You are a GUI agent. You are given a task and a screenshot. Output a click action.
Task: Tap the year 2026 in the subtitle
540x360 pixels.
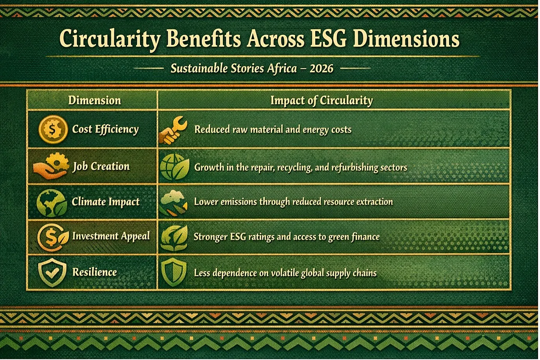(x=322, y=69)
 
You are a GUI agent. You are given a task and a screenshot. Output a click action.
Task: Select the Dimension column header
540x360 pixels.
(x=94, y=100)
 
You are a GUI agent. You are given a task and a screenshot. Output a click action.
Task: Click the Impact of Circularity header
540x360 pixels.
(x=322, y=101)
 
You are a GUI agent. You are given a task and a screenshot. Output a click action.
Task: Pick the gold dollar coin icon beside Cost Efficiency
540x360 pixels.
(x=53, y=129)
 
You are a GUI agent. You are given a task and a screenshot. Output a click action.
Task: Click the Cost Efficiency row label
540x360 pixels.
(x=105, y=130)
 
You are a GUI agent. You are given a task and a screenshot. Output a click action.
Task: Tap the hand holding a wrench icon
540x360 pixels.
(x=173, y=130)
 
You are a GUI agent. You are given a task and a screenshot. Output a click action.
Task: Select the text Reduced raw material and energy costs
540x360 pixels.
(x=273, y=130)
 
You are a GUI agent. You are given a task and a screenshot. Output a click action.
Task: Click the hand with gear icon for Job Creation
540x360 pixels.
(x=51, y=166)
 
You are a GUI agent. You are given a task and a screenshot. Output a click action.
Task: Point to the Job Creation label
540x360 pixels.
(x=101, y=166)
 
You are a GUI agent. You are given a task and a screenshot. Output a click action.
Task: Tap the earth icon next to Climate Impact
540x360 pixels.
(x=52, y=203)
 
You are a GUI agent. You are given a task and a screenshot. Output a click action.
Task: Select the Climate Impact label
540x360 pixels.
(x=106, y=202)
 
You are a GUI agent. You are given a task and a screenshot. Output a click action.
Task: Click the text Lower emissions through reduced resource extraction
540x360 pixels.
(x=293, y=202)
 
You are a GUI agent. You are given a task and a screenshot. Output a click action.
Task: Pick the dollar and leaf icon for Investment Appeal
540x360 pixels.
(x=53, y=237)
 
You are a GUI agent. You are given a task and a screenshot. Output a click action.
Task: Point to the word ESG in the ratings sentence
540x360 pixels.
(x=238, y=237)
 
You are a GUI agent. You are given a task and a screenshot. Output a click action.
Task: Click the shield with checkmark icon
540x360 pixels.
(x=52, y=273)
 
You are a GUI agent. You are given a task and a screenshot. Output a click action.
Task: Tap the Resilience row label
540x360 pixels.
(x=94, y=272)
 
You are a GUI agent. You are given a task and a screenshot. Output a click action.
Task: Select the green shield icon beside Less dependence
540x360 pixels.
(x=174, y=272)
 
